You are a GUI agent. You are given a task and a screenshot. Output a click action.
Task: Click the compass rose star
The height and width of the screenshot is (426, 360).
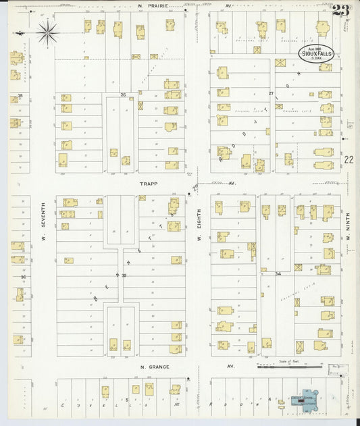[48, 32]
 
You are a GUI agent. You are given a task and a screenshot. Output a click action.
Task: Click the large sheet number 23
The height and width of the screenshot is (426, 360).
[341, 11]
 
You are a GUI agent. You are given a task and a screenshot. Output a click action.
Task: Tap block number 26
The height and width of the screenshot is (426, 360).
[123, 95]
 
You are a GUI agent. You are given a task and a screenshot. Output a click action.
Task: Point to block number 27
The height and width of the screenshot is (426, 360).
[271, 93]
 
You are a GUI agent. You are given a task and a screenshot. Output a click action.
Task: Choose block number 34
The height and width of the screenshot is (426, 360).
[278, 273]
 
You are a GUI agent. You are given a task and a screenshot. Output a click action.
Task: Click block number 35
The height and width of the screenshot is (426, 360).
[124, 275]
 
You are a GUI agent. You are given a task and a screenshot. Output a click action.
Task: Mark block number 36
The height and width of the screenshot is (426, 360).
[22, 277]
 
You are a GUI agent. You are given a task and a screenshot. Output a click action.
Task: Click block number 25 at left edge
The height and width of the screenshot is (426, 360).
[20, 96]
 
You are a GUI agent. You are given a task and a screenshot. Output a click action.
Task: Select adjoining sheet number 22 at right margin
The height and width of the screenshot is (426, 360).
[348, 159]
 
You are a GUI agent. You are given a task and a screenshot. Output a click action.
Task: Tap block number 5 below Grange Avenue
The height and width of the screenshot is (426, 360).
[126, 400]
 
